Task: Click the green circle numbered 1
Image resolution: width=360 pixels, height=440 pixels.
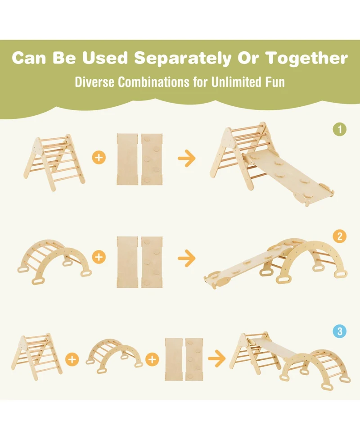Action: tap(340, 129)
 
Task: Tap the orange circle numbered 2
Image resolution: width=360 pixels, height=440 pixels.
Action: tap(340, 236)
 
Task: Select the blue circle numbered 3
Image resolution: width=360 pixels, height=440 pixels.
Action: tap(340, 331)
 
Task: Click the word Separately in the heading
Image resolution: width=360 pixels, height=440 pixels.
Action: tap(183, 58)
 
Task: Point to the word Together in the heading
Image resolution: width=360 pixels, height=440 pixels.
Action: tap(306, 58)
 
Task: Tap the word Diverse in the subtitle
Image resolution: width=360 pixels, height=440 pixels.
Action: tap(94, 82)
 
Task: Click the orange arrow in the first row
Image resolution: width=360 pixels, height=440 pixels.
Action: tap(187, 158)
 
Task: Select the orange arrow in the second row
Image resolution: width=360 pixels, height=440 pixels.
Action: tap(187, 258)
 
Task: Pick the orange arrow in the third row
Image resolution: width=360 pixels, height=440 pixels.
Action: tap(217, 358)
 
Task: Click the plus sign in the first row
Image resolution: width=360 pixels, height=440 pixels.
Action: tap(99, 158)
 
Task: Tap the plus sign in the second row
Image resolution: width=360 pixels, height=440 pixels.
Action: tap(99, 257)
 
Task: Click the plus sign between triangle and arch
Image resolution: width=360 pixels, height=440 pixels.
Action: tap(72, 359)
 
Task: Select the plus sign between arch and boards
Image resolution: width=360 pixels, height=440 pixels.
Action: tap(152, 359)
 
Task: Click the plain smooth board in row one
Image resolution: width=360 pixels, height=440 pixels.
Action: tap(127, 159)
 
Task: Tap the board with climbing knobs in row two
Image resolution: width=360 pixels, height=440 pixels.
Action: tap(152, 262)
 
